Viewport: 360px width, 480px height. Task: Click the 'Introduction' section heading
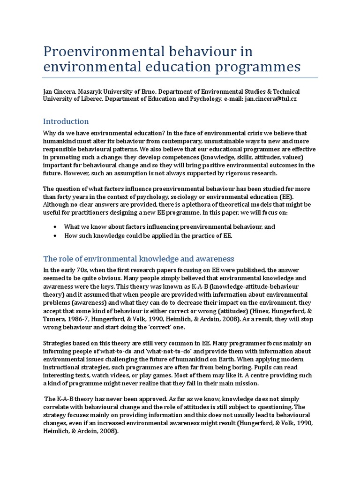[66, 121]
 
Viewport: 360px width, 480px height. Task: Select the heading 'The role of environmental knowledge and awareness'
[138, 259]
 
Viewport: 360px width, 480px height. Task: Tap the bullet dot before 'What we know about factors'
[56, 227]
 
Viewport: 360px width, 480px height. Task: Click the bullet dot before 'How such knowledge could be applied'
[56, 236]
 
